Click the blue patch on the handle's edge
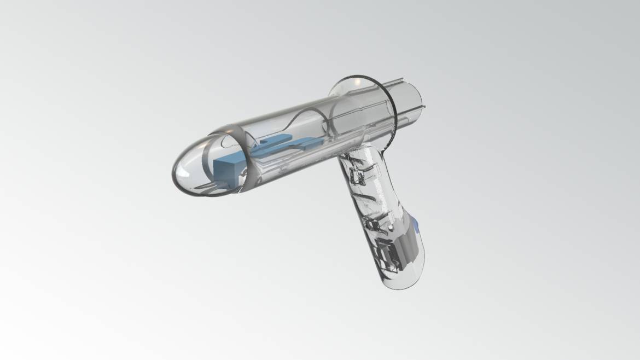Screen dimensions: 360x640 click(417, 223)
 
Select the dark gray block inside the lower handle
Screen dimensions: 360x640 click(407, 246)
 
